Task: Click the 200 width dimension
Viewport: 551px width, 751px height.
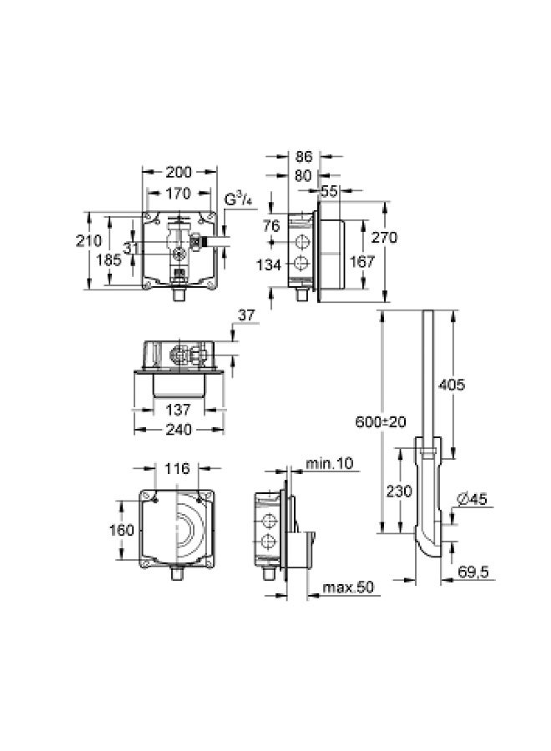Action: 179,172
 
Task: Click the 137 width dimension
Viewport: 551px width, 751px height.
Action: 179,410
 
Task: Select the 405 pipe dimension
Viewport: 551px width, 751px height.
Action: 451,385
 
